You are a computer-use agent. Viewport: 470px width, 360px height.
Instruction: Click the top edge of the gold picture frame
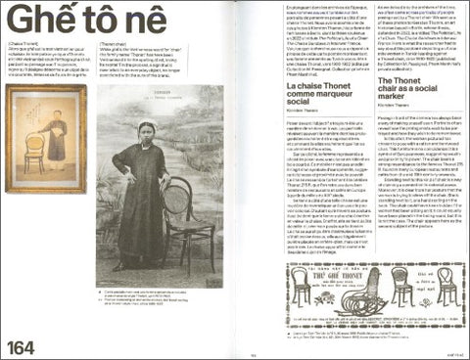(45, 87)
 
